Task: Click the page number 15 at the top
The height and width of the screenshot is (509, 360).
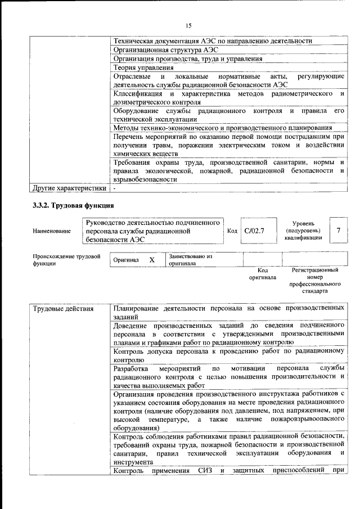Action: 188,26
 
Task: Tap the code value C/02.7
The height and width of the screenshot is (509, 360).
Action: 254,231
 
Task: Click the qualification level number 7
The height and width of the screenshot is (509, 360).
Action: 338,231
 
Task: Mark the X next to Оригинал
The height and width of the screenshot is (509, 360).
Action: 152,260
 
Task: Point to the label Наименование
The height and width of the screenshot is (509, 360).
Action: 52,231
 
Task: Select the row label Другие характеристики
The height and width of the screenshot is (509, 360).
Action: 69,188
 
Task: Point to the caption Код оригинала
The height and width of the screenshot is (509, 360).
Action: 262,274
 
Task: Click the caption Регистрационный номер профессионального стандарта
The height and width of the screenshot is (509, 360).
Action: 316,281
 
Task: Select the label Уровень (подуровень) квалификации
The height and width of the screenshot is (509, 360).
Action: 303,231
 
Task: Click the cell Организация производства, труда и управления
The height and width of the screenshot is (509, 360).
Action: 187,58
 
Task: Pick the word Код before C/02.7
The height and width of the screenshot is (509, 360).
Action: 232,231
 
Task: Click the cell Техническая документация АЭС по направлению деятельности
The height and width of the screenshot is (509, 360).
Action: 213,40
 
